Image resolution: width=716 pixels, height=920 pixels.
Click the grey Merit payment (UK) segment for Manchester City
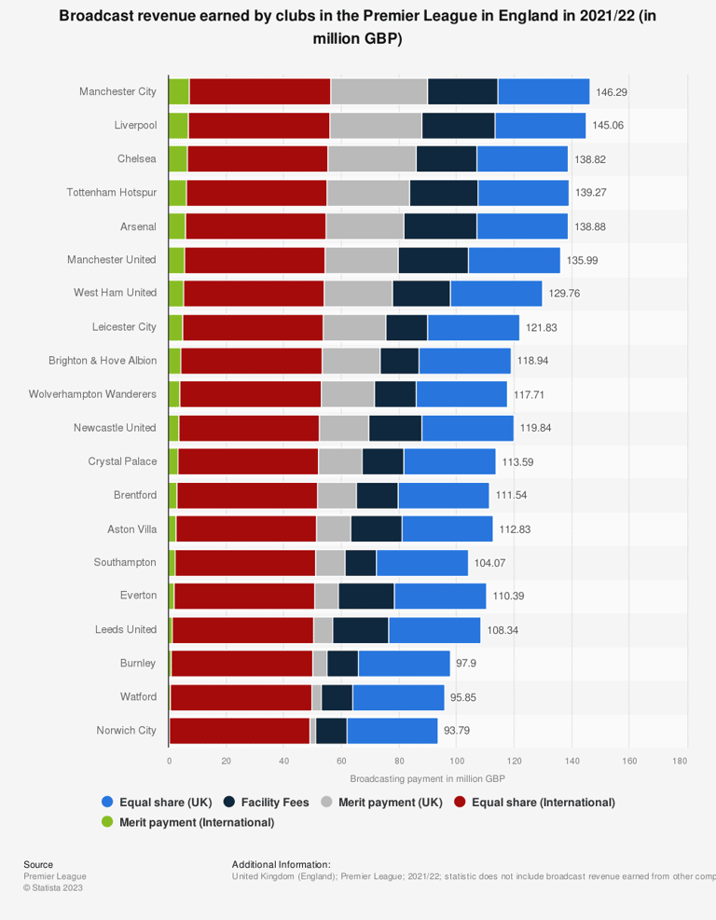pyautogui.click(x=379, y=91)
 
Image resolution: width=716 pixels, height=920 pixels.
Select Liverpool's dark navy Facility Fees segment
pyautogui.click(x=459, y=126)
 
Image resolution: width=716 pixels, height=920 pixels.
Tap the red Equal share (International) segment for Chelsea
pyautogui.click(x=257, y=159)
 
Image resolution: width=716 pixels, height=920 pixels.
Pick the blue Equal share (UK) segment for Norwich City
pyautogui.click(x=392, y=731)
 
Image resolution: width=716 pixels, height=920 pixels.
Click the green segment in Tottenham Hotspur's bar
pyautogui.click(x=177, y=193)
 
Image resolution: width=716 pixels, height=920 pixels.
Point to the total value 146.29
pyautogui.click(x=612, y=92)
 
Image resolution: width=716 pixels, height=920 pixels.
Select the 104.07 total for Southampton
pyautogui.click(x=489, y=563)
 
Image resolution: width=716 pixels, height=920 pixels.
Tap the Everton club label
pyautogui.click(x=139, y=595)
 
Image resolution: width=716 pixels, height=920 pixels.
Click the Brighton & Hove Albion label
pyautogui.click(x=103, y=360)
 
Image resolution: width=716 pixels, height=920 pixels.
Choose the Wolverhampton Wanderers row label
pyautogui.click(x=92, y=393)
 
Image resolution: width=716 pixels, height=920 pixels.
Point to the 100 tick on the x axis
pyautogui.click(x=457, y=761)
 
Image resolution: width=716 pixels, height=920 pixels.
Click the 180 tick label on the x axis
pyautogui.click(x=680, y=761)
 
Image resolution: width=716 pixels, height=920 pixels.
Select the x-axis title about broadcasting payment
pyautogui.click(x=427, y=778)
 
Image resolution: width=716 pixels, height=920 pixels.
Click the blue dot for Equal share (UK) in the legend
pyautogui.click(x=107, y=802)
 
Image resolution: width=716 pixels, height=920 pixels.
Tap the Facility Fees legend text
pyautogui.click(x=275, y=802)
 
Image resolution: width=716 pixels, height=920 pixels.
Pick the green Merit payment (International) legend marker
pyautogui.click(x=107, y=821)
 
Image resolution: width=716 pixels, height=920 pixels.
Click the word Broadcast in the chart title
pyautogui.click(x=96, y=16)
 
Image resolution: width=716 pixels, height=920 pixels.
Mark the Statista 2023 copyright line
pyautogui.click(x=53, y=887)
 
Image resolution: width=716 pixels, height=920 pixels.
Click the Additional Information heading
pyautogui.click(x=282, y=864)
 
